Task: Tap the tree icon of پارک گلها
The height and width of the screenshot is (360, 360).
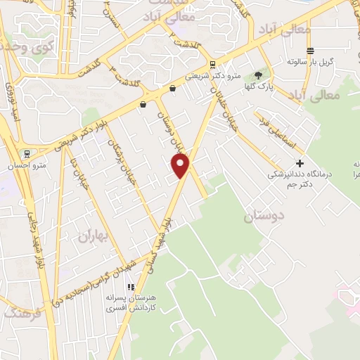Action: coord(257,75)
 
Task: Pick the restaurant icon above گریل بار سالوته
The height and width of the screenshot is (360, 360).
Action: coord(310,50)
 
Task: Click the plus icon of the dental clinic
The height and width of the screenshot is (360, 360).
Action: coord(300,163)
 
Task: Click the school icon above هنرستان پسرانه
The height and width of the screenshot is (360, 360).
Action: coord(130,286)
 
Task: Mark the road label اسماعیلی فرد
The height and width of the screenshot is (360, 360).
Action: coord(281,133)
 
